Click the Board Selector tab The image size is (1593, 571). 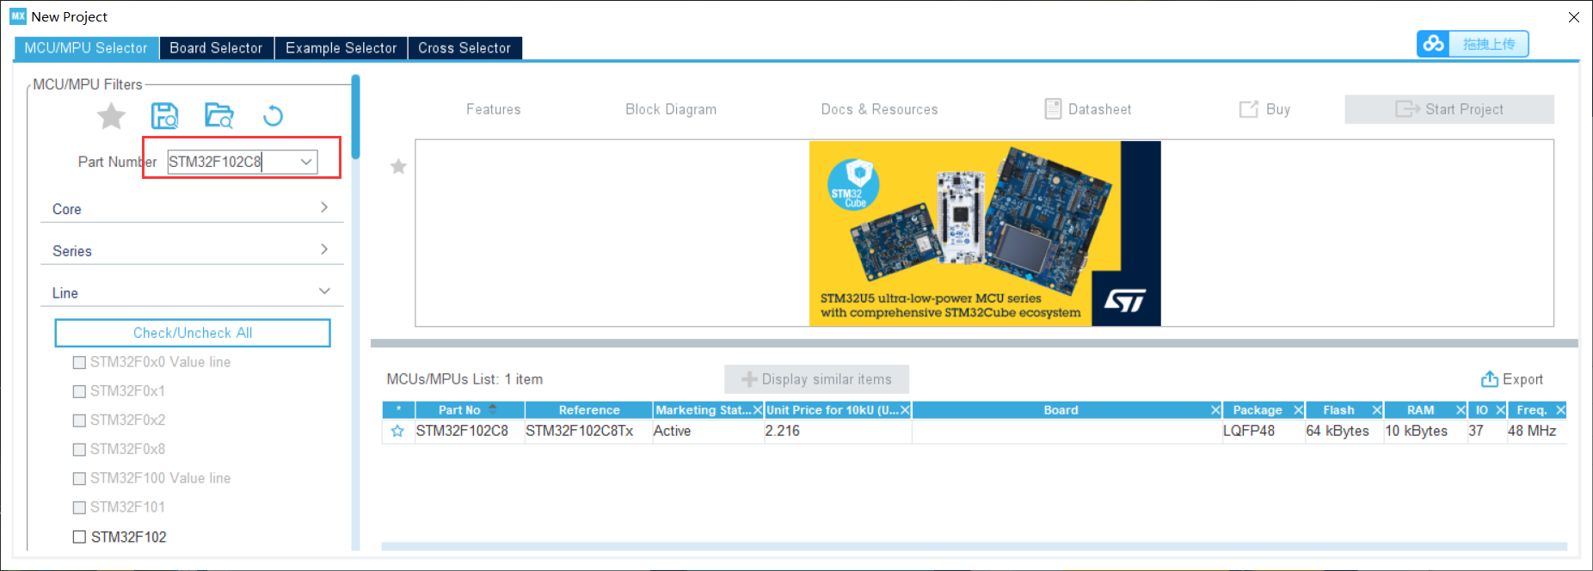coord(216,48)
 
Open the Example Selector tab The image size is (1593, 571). coord(341,48)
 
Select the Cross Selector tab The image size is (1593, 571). coord(464,48)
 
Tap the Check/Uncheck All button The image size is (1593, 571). coord(193,333)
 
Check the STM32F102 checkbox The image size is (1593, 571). coord(79,537)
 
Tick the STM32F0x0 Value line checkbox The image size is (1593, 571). coord(79,362)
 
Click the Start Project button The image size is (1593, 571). coord(1449,109)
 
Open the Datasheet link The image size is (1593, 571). coord(1088,109)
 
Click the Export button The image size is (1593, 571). coord(1512,379)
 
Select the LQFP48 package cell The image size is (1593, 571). coord(1249,431)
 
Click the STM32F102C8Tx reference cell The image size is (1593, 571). coord(580,431)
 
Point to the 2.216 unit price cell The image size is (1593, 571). coord(783,431)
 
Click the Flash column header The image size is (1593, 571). coord(1338,410)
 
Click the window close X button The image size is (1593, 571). coord(1573,17)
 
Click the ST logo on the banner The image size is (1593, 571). coord(1125,300)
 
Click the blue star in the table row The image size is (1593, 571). coord(397,431)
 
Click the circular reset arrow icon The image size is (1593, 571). coord(273,115)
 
